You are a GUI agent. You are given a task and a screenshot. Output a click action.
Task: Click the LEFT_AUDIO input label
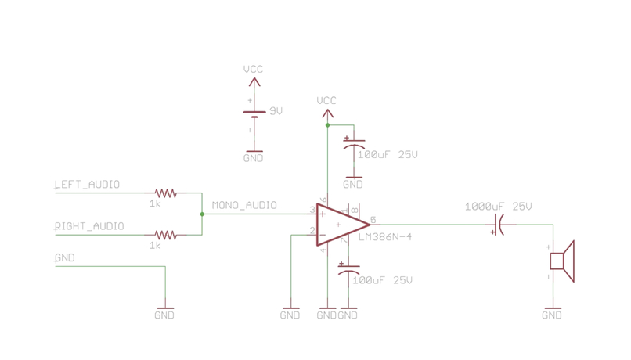[x=87, y=185]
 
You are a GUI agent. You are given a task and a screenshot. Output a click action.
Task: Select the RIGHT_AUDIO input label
[x=88, y=226]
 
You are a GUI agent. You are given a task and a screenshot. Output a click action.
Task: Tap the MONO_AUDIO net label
[x=244, y=206]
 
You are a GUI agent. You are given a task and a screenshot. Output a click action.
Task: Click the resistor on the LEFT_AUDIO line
[x=165, y=193]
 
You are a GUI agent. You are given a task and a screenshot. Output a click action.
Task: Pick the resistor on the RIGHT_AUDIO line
[x=165, y=234]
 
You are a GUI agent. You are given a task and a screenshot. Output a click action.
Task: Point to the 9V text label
[x=276, y=111]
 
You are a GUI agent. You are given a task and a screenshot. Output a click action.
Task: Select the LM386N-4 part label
[x=384, y=237]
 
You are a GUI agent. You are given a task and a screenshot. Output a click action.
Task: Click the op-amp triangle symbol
[x=341, y=225]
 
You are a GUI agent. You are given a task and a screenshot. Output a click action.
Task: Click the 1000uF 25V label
[x=498, y=207]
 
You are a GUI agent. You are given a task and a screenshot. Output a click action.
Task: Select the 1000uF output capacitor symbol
[x=496, y=229]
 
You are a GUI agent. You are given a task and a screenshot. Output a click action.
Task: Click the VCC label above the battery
[x=253, y=70]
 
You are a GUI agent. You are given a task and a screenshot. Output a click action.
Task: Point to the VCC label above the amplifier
[x=326, y=101]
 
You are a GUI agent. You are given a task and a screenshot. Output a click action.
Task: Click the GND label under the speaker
[x=552, y=315]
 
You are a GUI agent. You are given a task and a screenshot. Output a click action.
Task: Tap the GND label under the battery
[x=253, y=158]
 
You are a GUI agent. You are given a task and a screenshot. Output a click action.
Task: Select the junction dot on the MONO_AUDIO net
[x=202, y=214]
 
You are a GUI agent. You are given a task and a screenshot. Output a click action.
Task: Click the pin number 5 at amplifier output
[x=373, y=220]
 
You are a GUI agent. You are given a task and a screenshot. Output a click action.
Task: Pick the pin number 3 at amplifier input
[x=312, y=210]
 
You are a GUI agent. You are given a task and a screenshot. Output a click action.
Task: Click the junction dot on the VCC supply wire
[x=327, y=125]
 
